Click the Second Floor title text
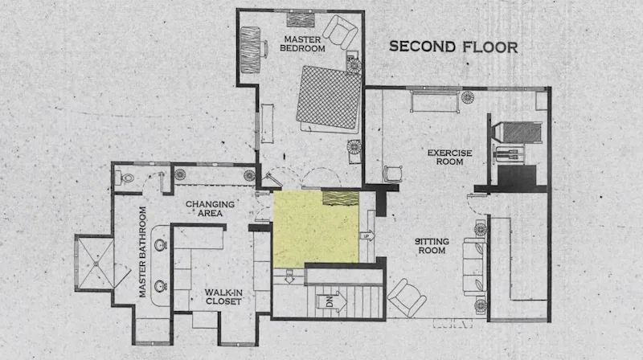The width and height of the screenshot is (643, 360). [x=453, y=47]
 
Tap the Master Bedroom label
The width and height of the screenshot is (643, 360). [x=302, y=44]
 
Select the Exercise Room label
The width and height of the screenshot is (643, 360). [x=449, y=157]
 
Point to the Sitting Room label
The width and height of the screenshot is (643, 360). [x=432, y=246]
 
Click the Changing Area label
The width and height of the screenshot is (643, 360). [x=210, y=209]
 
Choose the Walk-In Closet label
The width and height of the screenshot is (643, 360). [x=223, y=297]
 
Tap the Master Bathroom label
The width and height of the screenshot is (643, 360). [x=142, y=252]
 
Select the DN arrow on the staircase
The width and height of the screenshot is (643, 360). [x=331, y=302]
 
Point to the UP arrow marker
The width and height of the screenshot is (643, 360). [x=367, y=236]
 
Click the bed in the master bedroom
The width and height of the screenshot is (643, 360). [x=330, y=99]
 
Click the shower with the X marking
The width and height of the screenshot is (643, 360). [x=96, y=263]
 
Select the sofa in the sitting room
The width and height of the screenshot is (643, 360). [x=474, y=267]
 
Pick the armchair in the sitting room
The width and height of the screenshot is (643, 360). [x=407, y=297]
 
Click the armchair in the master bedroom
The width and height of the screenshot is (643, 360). [x=340, y=32]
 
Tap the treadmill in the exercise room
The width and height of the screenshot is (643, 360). [x=518, y=133]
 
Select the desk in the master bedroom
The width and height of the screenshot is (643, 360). [x=251, y=50]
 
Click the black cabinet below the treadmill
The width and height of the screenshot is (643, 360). [x=518, y=177]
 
